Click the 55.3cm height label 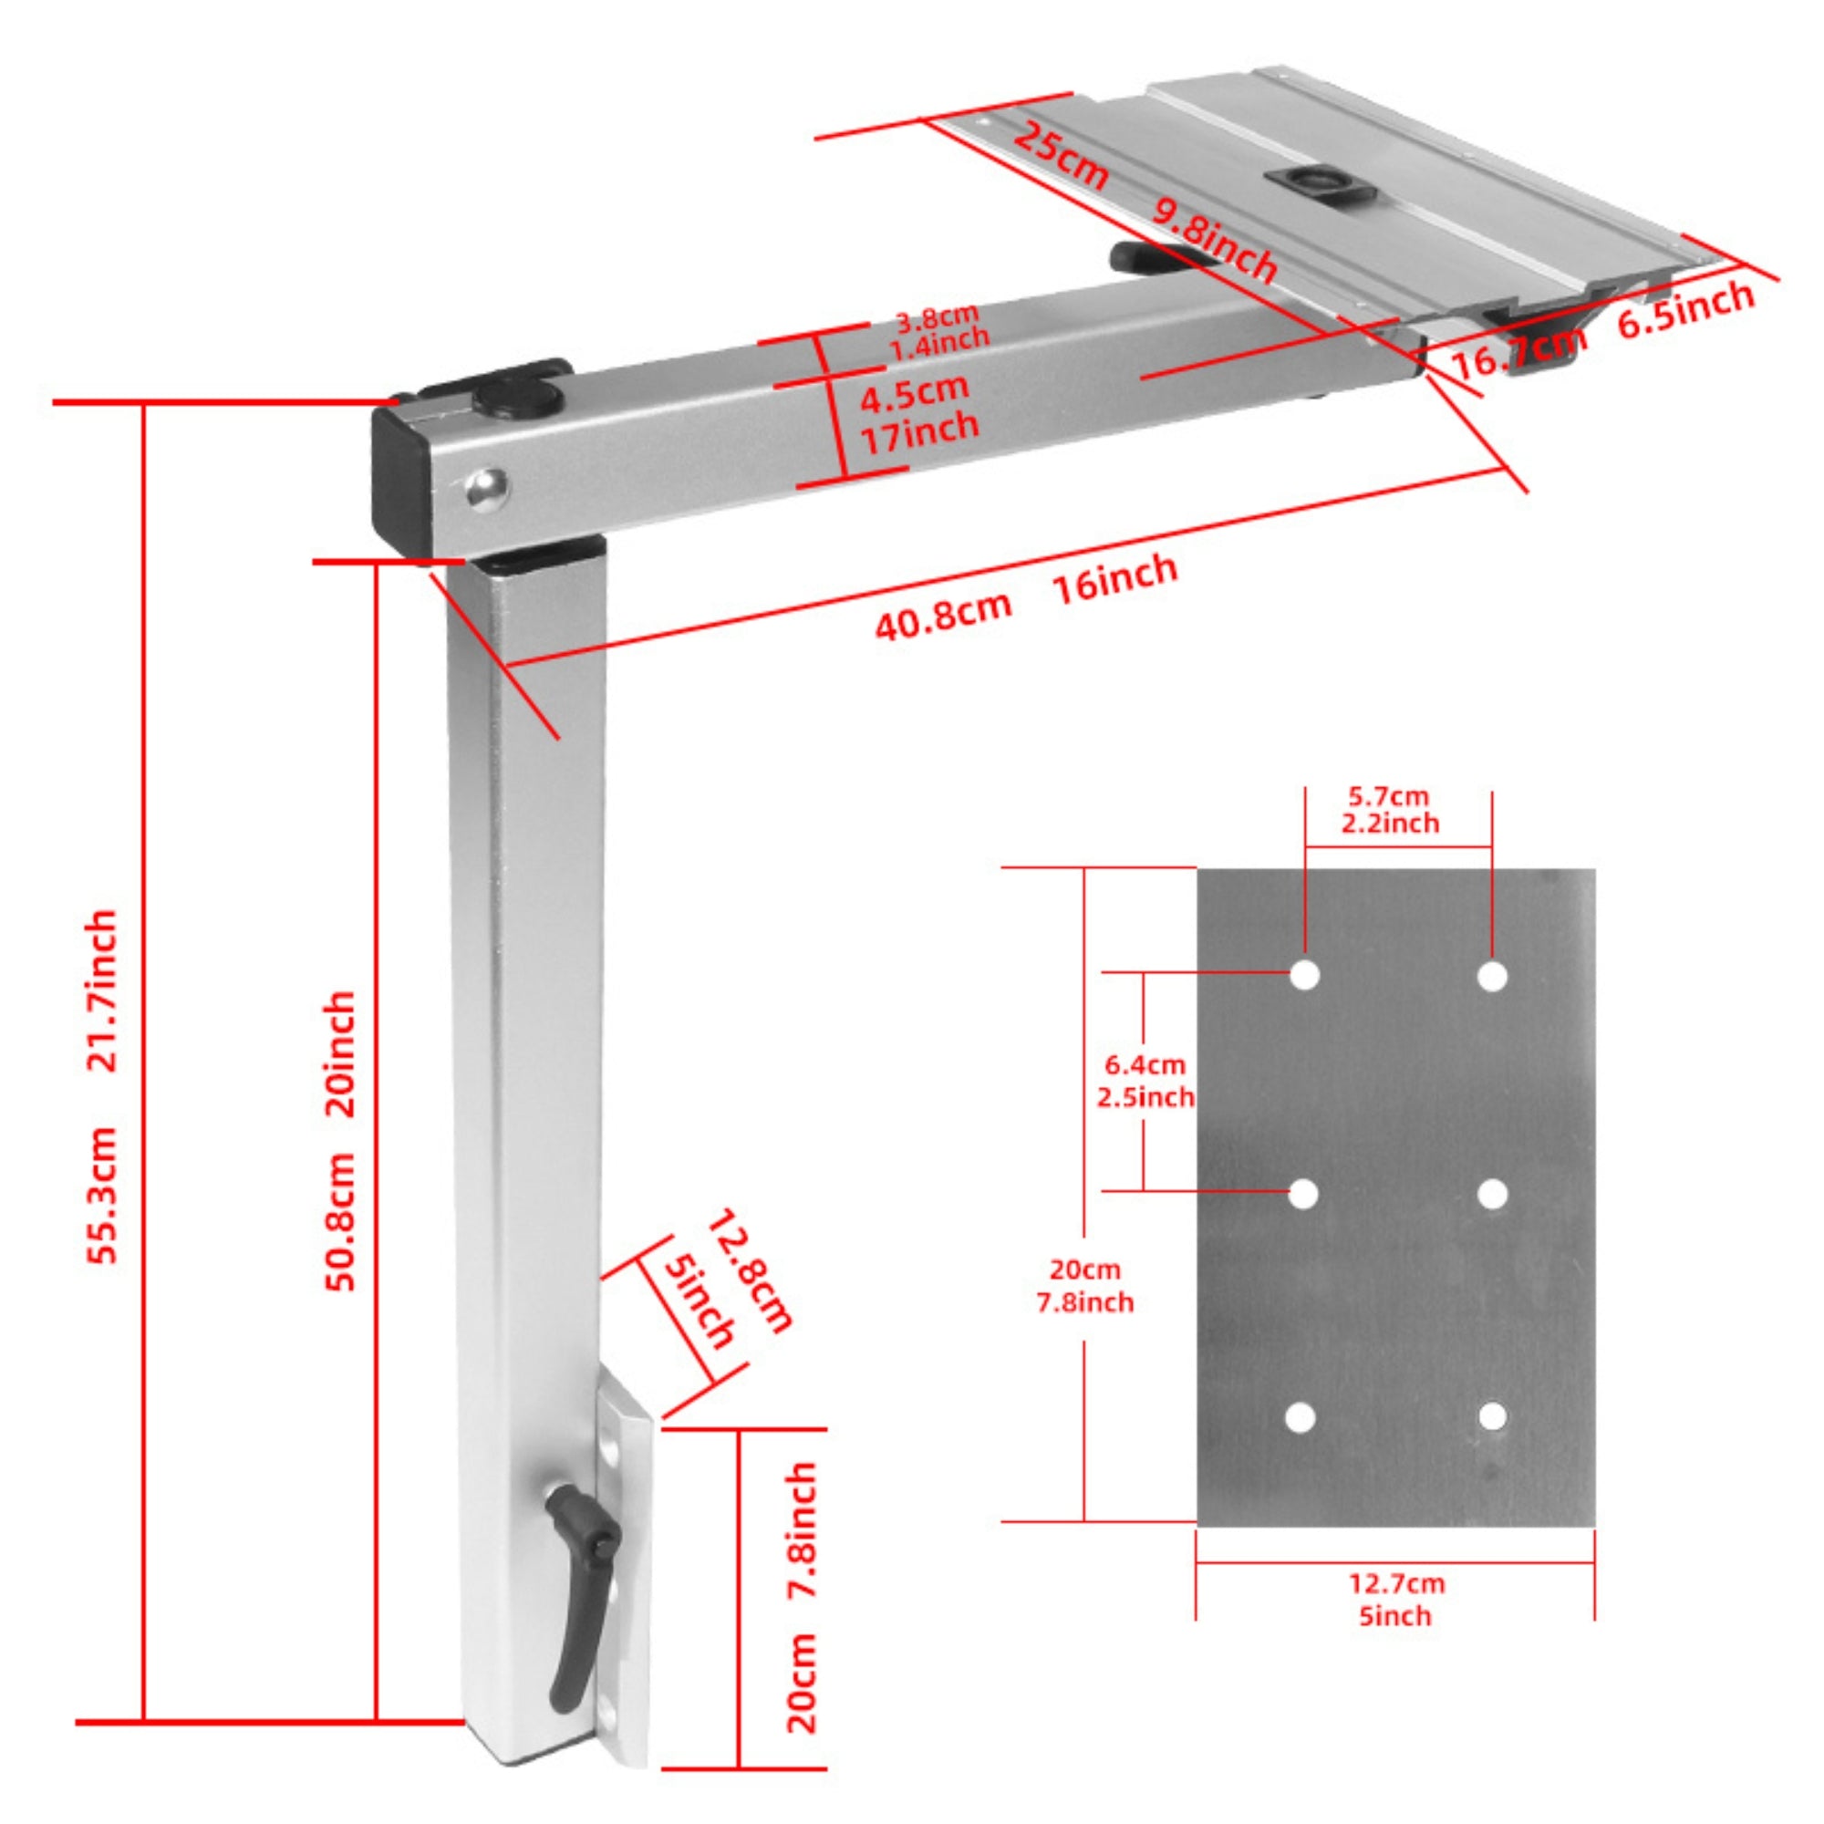103,1195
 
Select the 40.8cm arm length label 942,615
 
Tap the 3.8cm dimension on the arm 936,317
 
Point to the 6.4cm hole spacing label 1145,1065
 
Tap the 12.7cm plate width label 1396,1583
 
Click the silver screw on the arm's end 486,487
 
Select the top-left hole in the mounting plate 1305,975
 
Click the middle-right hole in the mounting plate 1492,1195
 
